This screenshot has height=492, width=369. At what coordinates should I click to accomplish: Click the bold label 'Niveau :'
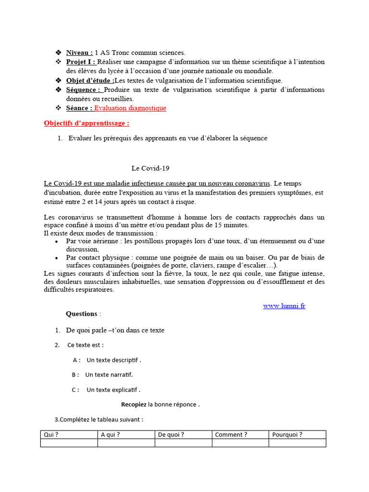79,53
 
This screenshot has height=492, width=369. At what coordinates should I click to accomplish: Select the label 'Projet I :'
81,62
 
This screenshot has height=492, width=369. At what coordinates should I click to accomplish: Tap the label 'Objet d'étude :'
90,80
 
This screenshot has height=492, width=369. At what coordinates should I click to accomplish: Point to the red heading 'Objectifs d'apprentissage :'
86,123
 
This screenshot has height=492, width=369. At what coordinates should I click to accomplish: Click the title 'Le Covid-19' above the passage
150,168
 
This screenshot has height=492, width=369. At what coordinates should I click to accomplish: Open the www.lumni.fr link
284,306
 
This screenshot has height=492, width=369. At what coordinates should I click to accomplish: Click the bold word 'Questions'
81,314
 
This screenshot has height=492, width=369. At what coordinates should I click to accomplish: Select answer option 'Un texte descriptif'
113,360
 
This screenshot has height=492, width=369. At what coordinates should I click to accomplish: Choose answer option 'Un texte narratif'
109,375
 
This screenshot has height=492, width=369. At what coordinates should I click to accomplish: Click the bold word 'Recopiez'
134,405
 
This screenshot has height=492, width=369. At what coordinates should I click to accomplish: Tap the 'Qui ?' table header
51,435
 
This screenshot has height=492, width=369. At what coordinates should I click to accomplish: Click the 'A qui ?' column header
110,435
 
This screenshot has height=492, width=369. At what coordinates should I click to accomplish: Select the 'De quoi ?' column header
171,435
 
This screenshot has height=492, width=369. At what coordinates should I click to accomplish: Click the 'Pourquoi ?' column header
287,435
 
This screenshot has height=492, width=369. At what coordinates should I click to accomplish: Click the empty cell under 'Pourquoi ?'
297,443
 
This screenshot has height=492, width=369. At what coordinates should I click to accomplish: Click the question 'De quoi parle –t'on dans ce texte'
115,331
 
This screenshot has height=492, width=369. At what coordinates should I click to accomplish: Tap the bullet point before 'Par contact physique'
57,258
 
